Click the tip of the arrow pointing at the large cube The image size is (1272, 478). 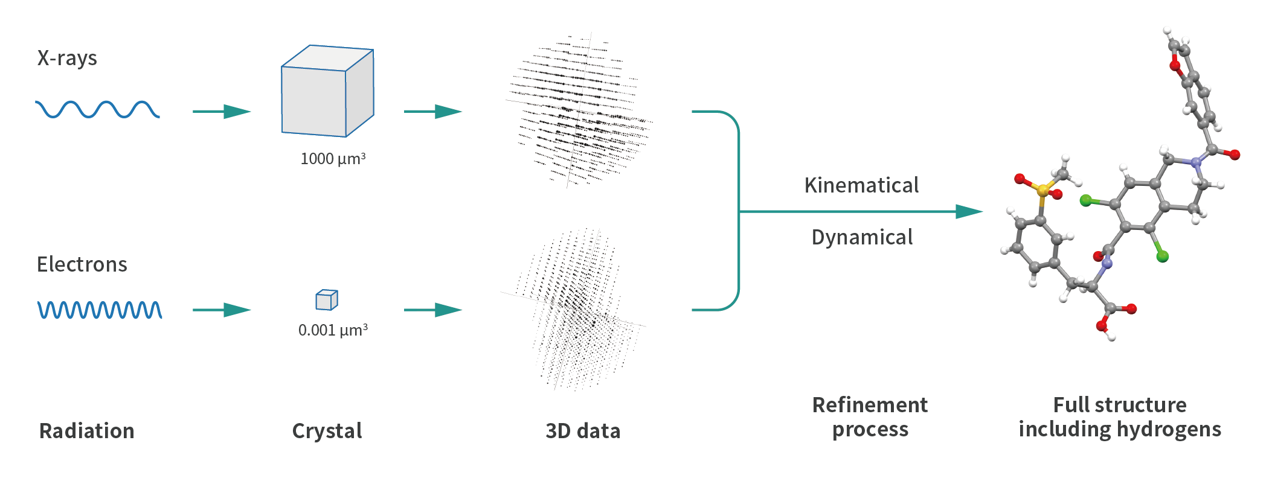coord(251,112)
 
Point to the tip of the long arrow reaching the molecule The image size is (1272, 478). coord(983,212)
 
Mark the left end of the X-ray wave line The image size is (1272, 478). coord(36,103)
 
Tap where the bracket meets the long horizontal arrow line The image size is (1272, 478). coord(739,212)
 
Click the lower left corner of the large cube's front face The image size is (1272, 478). coord(282,132)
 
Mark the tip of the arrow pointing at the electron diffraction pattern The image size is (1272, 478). coord(462,310)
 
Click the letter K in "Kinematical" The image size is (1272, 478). coord(811,185)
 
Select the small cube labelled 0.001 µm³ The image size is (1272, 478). coord(327,300)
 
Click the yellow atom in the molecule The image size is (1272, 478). coord(1042,191)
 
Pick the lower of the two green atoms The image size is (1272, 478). coord(1163,257)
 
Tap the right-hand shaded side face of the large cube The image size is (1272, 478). coord(360,92)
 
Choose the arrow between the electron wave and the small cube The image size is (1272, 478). coord(222,310)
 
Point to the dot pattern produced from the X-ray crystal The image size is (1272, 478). coord(579,110)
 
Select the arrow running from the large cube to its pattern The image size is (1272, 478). coord(433,112)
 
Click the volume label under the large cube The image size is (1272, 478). coord(333,159)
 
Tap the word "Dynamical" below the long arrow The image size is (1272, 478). coord(862,238)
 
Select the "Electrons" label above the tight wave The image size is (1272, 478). coord(82,264)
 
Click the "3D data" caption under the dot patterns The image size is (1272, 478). coord(583,431)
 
